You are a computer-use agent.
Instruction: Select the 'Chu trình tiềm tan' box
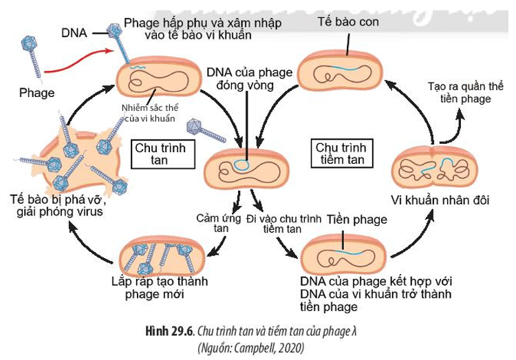[343, 153]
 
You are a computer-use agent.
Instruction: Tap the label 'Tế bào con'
[347, 22]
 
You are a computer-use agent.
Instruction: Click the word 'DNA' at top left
[74, 32]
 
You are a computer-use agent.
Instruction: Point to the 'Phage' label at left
[36, 92]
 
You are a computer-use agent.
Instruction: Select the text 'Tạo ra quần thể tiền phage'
[459, 93]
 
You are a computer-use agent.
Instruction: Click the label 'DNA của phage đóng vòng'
[239, 78]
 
